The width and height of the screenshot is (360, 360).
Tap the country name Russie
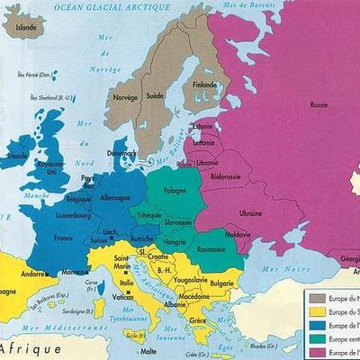(319, 104)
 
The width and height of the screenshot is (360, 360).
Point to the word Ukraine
(249, 212)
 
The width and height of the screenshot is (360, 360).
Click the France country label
(63, 238)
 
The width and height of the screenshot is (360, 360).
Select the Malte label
(149, 352)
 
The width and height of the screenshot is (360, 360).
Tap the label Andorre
(34, 274)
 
